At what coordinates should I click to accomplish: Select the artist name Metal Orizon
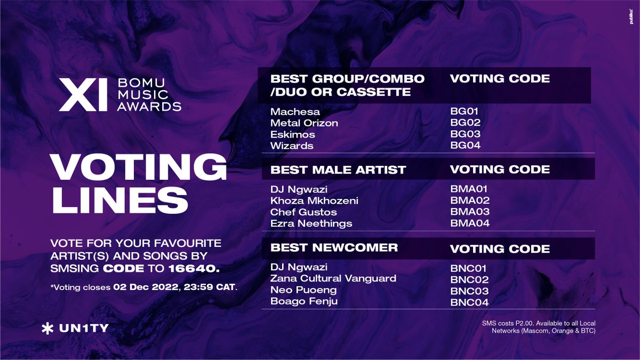[x=304, y=123]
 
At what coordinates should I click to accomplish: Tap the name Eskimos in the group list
[x=293, y=134]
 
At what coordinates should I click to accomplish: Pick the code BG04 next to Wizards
[x=466, y=146]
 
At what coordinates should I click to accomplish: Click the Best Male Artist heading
[x=338, y=170]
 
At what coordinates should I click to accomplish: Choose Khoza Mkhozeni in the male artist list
[x=314, y=201]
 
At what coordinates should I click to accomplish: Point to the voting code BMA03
[x=470, y=212]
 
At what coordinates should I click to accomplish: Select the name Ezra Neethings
[x=311, y=223]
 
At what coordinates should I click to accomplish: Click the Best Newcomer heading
[x=334, y=247]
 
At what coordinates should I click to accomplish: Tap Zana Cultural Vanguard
[x=333, y=278]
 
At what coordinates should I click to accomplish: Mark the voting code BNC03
[x=469, y=291]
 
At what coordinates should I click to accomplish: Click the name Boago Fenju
[x=304, y=302]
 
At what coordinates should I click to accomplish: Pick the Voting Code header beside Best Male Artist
[x=500, y=170]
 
